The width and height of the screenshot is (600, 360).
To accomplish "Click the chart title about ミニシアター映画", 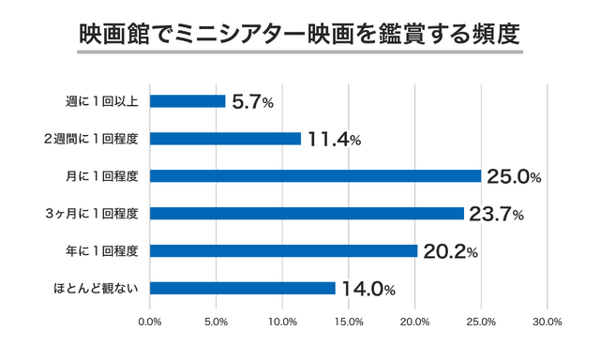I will [x=299, y=33].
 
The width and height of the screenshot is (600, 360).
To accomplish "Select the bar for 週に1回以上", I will [x=187, y=101].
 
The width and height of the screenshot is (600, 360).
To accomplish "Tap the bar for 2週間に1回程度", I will [x=225, y=139].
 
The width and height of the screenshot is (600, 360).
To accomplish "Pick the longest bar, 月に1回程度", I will [x=315, y=176].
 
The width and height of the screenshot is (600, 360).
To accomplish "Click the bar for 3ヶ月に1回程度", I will [x=307, y=214].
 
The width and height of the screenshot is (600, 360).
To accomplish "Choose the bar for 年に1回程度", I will [x=283, y=250].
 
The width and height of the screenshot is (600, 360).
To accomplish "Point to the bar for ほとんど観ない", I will [x=242, y=288].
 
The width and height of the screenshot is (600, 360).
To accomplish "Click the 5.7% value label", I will [x=252, y=102].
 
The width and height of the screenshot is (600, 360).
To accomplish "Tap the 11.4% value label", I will [x=333, y=140].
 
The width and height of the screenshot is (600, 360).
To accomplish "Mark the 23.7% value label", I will [x=496, y=214].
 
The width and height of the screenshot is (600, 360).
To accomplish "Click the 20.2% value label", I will [x=450, y=251].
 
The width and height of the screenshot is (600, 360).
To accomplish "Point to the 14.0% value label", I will [x=368, y=289].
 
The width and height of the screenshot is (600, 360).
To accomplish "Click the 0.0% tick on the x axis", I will [x=150, y=322].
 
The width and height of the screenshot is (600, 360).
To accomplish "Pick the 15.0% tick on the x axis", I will [x=349, y=322].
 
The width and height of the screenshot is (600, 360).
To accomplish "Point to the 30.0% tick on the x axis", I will [x=547, y=322].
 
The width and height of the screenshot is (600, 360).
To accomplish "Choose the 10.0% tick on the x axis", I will [x=282, y=322].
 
